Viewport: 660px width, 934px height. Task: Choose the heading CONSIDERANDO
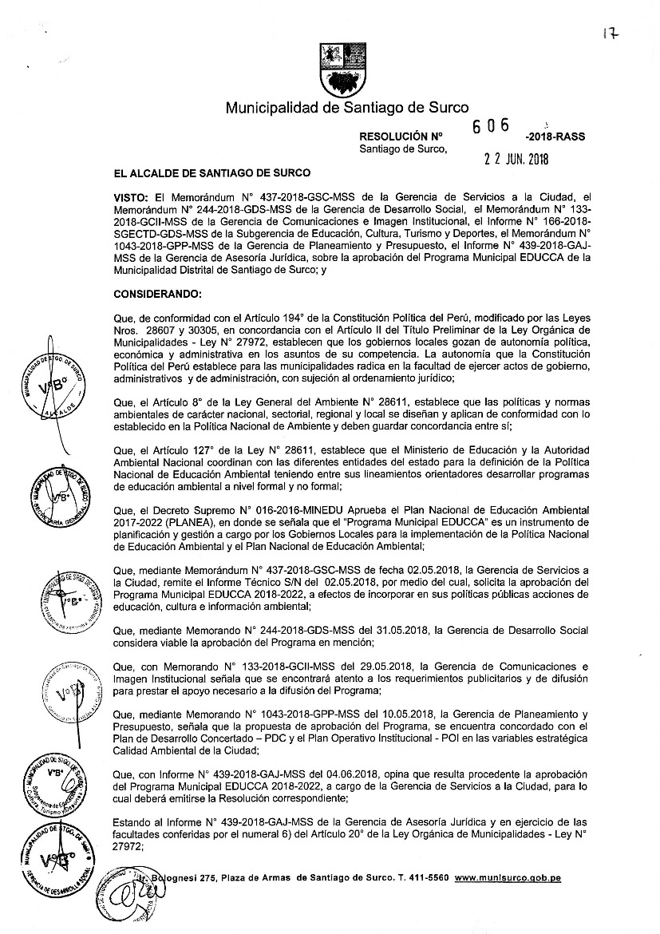point(158,295)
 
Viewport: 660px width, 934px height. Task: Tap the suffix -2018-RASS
point(555,137)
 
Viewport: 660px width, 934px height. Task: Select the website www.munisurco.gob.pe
point(508,878)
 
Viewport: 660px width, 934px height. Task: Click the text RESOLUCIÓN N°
point(396,137)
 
